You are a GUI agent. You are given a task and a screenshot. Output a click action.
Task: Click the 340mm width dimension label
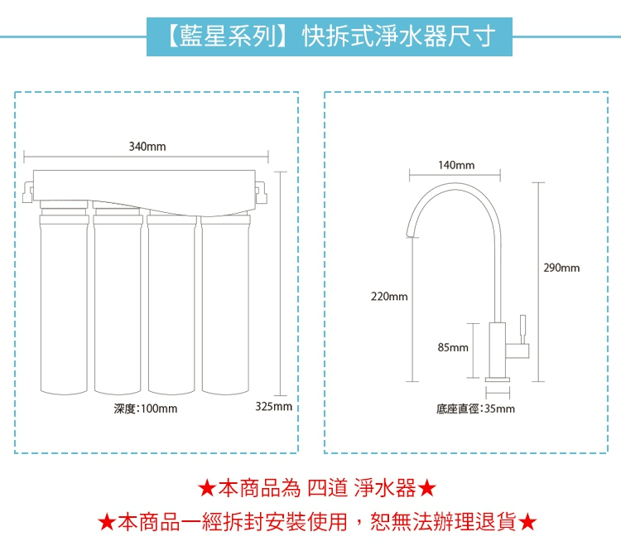pyautogui.click(x=147, y=147)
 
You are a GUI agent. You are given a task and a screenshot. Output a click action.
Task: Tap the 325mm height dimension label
pyautogui.click(x=274, y=408)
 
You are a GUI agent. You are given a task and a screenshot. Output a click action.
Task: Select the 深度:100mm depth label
pyautogui.click(x=146, y=409)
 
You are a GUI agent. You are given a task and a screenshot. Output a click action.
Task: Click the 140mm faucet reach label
pyautogui.click(x=456, y=166)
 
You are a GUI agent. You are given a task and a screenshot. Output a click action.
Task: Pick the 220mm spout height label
pyautogui.click(x=388, y=295)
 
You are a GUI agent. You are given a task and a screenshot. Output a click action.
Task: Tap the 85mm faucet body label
pyautogui.click(x=453, y=348)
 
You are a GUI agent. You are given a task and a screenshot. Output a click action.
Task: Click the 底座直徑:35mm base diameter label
pyautogui.click(x=475, y=409)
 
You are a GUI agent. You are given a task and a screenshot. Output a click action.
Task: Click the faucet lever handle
pyautogui.click(x=522, y=326)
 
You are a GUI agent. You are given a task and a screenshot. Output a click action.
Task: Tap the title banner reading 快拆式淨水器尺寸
pyautogui.click(x=329, y=36)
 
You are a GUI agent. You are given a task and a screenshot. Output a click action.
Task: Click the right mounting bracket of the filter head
pyautogui.click(x=262, y=194)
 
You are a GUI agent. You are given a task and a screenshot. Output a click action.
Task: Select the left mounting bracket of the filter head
pyautogui.click(x=29, y=194)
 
